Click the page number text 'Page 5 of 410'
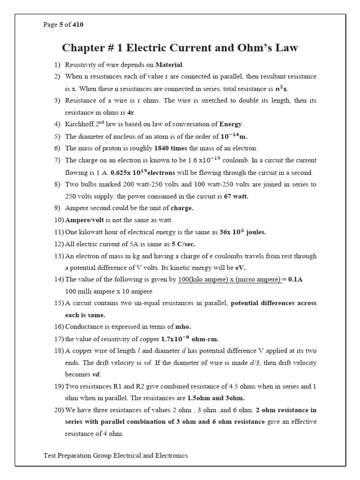[63, 25]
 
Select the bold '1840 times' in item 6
[172, 149]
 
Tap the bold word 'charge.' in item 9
[182, 208]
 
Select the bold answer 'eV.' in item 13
[240, 268]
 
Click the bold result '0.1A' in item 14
[295, 280]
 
